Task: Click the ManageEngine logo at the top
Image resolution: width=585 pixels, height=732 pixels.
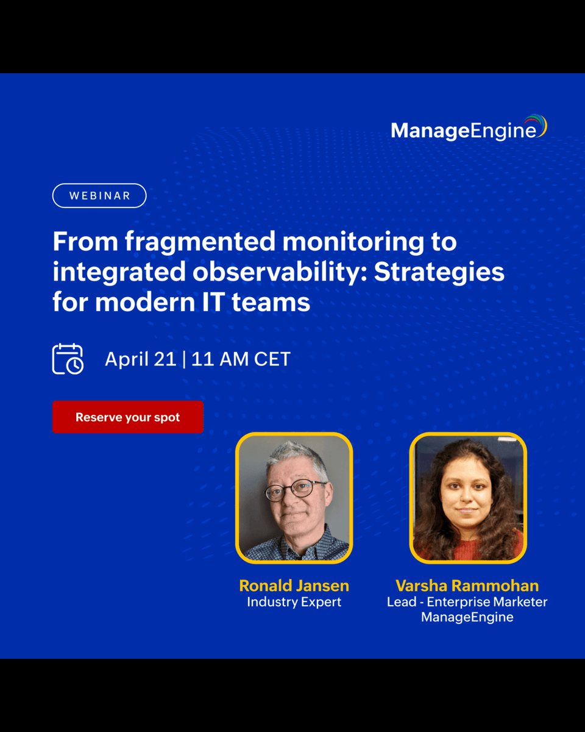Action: click(x=468, y=129)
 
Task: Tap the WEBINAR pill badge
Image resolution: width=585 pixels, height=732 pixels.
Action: click(x=99, y=196)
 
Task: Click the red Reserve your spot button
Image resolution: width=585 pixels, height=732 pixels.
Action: click(x=127, y=417)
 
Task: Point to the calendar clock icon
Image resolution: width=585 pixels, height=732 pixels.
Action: click(x=68, y=359)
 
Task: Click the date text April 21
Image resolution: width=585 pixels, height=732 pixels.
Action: click(x=140, y=359)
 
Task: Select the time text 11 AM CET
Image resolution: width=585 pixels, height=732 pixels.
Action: click(x=241, y=359)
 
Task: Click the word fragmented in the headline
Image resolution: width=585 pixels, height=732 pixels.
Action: click(x=200, y=242)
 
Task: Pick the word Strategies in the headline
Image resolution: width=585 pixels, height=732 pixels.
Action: click(x=439, y=272)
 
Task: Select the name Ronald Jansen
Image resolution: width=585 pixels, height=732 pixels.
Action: click(x=294, y=586)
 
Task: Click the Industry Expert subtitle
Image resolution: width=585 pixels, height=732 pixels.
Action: click(x=294, y=602)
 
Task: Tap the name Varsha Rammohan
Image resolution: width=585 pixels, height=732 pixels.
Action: click(x=467, y=586)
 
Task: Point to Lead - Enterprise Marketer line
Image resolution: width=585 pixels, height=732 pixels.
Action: click(x=467, y=602)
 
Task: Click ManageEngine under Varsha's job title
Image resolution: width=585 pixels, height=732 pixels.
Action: click(x=467, y=617)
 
